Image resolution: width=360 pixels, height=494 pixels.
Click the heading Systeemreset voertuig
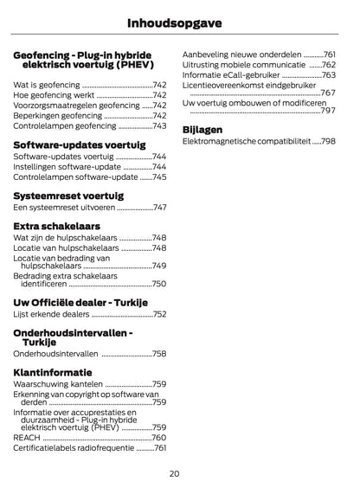(x=68, y=196)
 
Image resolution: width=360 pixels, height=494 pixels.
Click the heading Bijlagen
(x=202, y=130)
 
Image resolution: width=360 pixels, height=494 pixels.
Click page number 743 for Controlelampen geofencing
(x=159, y=125)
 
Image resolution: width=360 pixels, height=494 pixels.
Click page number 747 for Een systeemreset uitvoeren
(x=159, y=208)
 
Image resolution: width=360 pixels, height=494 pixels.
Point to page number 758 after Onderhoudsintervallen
(x=159, y=354)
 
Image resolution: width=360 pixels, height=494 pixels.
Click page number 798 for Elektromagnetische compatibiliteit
(x=327, y=141)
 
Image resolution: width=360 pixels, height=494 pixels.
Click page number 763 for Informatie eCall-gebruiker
(x=328, y=75)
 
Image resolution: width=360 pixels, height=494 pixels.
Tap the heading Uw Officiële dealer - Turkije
(x=80, y=302)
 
